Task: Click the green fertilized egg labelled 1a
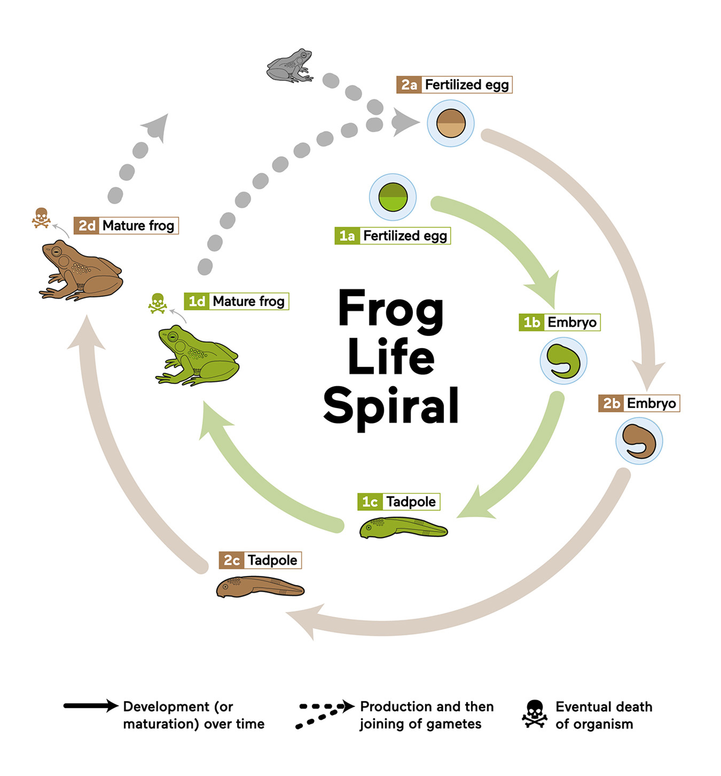[x=393, y=197]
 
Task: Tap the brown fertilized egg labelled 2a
[x=450, y=123]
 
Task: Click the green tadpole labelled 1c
[x=403, y=528]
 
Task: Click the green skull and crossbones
[x=158, y=303]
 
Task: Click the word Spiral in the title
[x=391, y=407]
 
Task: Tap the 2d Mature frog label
[x=126, y=226]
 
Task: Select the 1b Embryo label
[x=559, y=322]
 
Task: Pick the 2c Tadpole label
[x=260, y=560]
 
